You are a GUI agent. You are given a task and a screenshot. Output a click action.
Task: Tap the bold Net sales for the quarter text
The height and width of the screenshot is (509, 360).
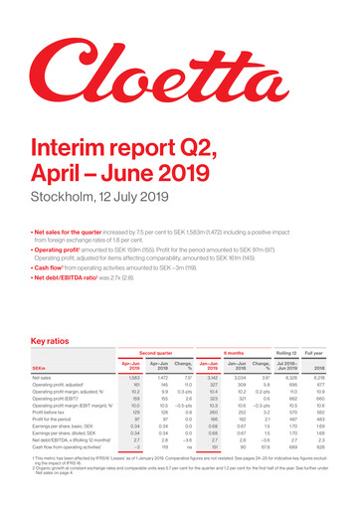click(x=69, y=214)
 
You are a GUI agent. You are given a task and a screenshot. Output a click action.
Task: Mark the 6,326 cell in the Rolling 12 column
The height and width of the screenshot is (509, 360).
click(x=287, y=379)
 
